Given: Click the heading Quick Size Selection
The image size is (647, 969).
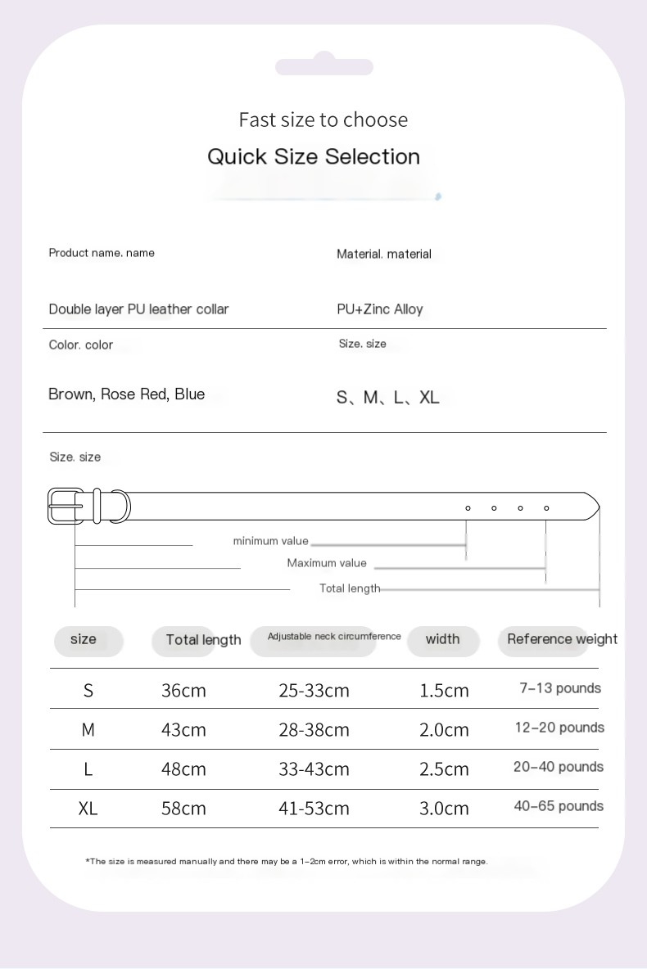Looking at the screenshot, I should coord(314,156).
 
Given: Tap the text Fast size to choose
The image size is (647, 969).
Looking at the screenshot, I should coord(323,119).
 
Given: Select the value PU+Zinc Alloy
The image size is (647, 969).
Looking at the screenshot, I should coord(380,309).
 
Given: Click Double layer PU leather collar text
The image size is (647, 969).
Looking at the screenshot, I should coord(138,309).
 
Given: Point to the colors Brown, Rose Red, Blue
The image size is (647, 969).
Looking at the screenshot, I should coord(126,394).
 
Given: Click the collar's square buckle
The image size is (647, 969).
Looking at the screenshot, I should coord(66,506).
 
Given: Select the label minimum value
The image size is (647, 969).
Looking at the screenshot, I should coord(270,541).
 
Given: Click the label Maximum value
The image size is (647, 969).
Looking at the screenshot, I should coord(327,563).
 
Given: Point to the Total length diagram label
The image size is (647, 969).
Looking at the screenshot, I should coord(350,588).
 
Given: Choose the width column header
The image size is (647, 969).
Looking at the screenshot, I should coord(442,639).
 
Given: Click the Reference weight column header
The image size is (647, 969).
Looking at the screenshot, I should coord(562,639).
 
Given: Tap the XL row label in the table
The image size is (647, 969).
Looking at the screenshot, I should coord(88,809).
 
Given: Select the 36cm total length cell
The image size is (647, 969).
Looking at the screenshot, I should coord(183,691).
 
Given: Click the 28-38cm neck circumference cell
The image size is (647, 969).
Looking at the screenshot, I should coord(314,730).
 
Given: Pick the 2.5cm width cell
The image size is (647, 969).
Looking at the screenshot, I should coord(444,769).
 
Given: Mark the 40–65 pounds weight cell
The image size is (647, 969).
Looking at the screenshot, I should coord(559,807).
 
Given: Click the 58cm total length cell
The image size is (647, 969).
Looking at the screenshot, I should coord(183,809).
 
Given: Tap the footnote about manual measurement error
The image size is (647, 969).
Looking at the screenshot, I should coord(287,861).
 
